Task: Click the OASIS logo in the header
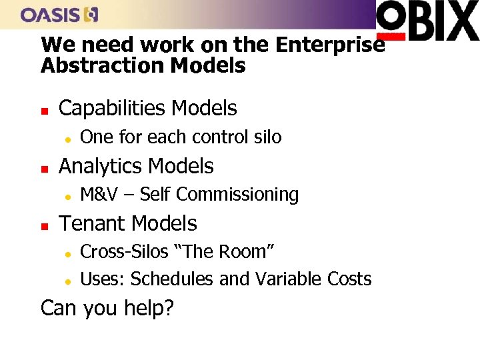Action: click(60, 14)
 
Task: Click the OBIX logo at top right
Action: click(427, 21)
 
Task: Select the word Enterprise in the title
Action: click(330, 45)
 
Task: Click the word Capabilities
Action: click(113, 108)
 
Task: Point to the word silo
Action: click(267, 137)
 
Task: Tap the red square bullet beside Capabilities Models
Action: click(45, 109)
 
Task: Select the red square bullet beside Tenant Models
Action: click(45, 225)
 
